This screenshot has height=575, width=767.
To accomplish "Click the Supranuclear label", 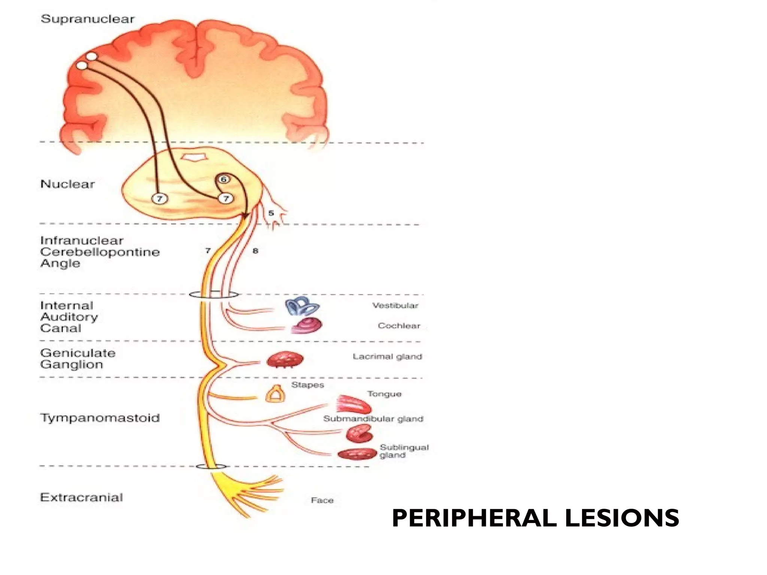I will click(87, 19).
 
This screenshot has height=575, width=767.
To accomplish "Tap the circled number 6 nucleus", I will click(224, 179).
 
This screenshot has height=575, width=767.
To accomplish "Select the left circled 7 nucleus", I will click(160, 198).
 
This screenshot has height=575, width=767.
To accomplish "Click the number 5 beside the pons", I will click(271, 213).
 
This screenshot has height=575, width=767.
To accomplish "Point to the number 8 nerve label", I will click(255, 251).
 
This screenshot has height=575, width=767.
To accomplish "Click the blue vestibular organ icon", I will click(302, 307).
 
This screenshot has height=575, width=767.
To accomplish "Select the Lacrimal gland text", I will click(387, 357).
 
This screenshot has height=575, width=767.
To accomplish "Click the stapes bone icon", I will click(275, 394).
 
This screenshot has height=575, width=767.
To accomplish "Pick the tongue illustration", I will click(353, 404).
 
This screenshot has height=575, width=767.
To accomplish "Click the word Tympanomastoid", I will click(100, 418).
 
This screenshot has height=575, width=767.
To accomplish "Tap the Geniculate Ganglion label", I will click(78, 359).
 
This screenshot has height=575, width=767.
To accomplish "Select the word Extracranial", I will click(81, 498).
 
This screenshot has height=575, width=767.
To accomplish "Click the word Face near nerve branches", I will click(322, 501).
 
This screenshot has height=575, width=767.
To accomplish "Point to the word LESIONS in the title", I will click(621, 518).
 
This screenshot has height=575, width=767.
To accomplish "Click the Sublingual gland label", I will click(403, 451).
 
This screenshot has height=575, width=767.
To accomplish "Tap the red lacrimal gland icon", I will click(285, 360).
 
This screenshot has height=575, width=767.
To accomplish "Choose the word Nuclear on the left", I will click(67, 184).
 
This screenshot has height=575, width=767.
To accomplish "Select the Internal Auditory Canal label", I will click(69, 317).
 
